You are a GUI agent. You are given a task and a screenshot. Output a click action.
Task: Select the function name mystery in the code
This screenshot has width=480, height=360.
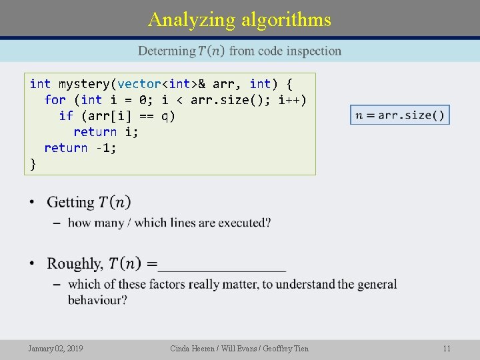click(85, 84)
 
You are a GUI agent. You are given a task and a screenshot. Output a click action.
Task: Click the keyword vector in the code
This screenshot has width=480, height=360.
click(140, 84)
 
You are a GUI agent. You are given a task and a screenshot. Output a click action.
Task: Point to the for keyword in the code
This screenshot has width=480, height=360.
click(55, 100)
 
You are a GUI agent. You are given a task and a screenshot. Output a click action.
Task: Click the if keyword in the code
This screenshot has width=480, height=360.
click(66, 116)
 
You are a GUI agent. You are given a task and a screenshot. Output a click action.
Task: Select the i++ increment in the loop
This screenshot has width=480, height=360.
click(292, 100)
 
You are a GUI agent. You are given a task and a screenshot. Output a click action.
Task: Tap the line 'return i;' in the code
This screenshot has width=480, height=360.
click(105, 132)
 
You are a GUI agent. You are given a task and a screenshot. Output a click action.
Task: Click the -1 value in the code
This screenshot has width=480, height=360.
click(105, 148)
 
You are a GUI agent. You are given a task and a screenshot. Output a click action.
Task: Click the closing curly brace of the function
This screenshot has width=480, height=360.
click(33, 164)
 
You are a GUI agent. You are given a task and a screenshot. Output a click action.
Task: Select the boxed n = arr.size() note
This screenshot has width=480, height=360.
click(400, 115)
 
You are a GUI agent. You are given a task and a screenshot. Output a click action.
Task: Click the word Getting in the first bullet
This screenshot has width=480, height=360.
click(71, 202)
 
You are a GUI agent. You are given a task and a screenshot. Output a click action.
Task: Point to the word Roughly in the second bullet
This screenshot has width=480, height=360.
click(75, 263)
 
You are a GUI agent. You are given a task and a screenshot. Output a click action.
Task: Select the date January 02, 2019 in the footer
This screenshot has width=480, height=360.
click(55, 348)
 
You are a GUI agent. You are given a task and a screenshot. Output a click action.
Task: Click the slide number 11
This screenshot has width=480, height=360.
click(447, 348)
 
